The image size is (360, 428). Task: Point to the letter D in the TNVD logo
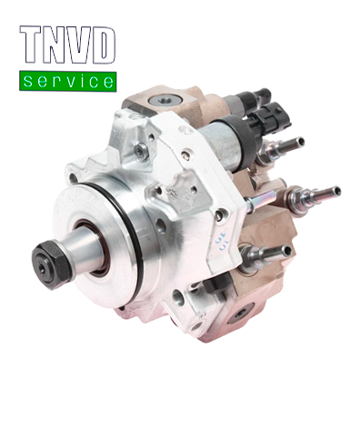coord(104,45)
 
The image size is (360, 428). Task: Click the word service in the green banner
coord(68,81)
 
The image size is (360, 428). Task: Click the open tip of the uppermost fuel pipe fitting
coord(300,141)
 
